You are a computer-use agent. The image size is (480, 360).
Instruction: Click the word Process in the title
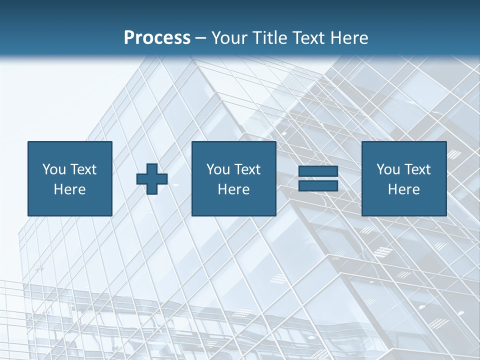point(157,38)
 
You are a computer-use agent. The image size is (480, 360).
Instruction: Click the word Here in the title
point(348,38)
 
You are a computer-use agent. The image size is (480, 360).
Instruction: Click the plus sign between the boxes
point(152,179)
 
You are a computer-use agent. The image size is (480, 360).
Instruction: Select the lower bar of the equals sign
point(318,185)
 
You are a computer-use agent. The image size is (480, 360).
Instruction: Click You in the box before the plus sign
point(54,169)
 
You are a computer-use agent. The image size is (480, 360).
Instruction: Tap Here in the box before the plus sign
point(69,189)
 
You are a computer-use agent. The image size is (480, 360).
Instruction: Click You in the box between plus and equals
point(218,169)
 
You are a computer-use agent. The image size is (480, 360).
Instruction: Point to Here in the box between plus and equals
point(233,189)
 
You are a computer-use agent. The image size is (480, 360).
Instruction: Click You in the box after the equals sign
point(388,169)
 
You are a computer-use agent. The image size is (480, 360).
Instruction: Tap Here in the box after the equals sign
point(403,189)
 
